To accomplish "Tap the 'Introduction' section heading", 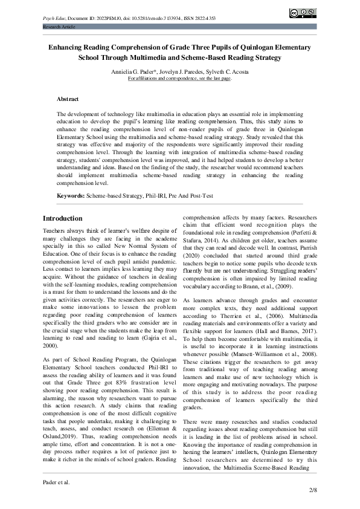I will (x=63, y=218).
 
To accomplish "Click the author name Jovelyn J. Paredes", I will (x=181, y=71).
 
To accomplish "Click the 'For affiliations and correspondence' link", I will (x=179, y=79).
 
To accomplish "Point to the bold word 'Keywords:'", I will (x=71, y=196).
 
